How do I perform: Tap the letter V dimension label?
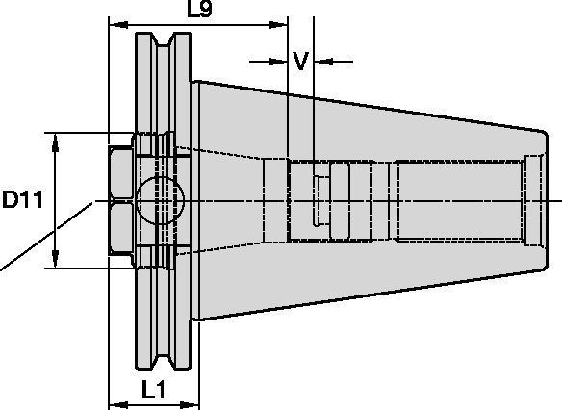(x=300, y=62)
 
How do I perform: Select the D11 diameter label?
(x=21, y=201)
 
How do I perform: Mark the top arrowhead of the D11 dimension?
(x=56, y=141)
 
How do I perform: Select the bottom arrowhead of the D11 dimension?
(x=56, y=261)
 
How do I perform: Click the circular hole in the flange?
(x=159, y=200)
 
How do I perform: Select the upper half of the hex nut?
(x=121, y=173)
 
